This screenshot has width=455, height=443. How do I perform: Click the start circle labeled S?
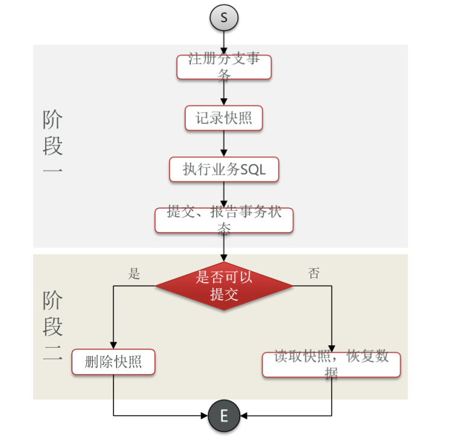tap(224, 17)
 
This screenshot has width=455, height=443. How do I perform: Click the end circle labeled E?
tap(224, 416)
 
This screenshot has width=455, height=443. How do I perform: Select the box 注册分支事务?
tap(224, 67)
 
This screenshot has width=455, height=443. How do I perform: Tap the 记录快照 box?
tap(224, 118)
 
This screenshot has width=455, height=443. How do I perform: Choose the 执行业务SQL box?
tap(224, 169)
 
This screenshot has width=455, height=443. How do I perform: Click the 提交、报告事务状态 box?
tap(224, 220)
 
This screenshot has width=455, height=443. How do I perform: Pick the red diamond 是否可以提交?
tap(224, 286)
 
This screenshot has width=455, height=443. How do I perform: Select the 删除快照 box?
tap(113, 362)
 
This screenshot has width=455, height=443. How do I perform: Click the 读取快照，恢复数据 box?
tap(331, 365)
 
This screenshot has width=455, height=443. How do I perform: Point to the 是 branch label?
tap(134, 274)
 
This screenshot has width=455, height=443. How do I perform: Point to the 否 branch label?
tap(314, 274)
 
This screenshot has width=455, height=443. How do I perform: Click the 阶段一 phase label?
tap(52, 145)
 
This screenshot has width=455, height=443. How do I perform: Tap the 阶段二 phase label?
tap(52, 326)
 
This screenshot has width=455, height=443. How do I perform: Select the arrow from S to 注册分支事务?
tap(224, 42)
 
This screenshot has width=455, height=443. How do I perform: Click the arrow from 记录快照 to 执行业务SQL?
tap(224, 143)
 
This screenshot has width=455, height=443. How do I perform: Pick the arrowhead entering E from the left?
tap(203, 416)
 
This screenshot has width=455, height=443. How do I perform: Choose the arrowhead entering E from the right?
tap(244, 416)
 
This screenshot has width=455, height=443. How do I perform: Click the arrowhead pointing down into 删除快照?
tap(113, 345)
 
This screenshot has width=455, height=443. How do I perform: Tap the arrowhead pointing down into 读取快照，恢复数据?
tap(331, 348)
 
